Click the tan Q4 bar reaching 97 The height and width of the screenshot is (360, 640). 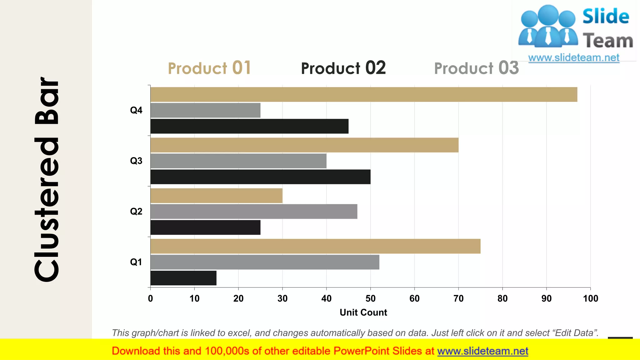[364, 94]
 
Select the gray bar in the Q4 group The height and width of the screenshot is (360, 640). [205, 110]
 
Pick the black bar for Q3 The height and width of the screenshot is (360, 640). [260, 177]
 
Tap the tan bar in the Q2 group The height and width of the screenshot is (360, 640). [216, 196]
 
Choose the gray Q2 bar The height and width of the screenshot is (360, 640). [254, 212]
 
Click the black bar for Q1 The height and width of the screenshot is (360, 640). [183, 278]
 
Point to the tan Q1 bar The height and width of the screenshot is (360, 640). [315, 246]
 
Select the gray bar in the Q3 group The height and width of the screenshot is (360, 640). [238, 161]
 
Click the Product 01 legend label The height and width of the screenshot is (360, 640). [209, 68]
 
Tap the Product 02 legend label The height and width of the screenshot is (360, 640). [343, 68]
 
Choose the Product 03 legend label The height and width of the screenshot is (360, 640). [476, 68]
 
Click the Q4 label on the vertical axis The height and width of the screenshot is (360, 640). [136, 110]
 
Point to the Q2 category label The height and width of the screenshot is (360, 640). [136, 212]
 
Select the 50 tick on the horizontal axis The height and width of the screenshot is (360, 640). [370, 298]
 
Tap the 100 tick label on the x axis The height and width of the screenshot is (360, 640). [590, 298]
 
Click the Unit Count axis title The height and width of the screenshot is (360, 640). [363, 312]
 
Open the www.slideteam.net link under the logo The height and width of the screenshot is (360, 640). [574, 58]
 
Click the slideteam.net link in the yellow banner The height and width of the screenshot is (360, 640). [482, 351]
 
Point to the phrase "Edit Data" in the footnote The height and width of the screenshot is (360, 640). [575, 333]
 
